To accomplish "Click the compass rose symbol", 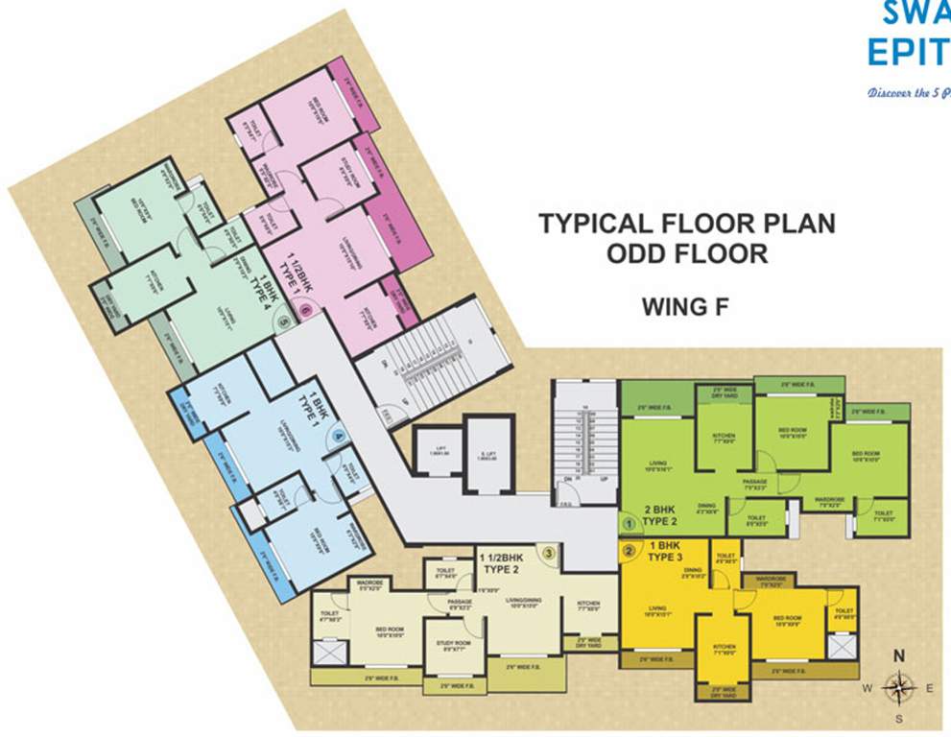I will (899, 686).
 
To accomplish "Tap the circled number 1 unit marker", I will (630, 524).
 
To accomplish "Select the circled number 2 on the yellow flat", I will (630, 551).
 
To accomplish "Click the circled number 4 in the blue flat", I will (339, 438).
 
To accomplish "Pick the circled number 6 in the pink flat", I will (306, 310).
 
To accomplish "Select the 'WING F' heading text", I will (686, 307).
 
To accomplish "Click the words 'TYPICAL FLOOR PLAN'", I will (686, 224).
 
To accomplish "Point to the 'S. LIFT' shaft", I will (487, 457).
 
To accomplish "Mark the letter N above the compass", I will (899, 656).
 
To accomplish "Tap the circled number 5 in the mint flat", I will (284, 324).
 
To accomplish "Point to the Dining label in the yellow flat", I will (693, 573).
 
